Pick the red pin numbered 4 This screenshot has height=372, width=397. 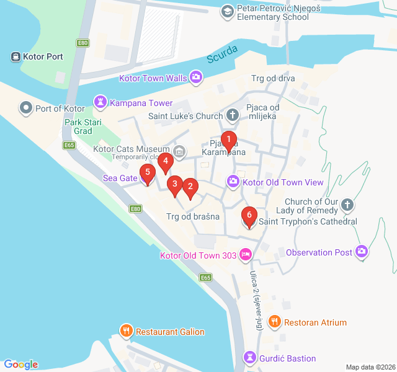click(165, 162)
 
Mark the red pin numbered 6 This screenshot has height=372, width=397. click(249, 216)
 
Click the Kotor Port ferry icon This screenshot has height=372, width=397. click(15, 57)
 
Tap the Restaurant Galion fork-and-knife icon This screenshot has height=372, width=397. click(127, 332)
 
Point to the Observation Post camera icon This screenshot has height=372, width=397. click(362, 252)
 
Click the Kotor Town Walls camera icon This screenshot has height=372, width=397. click(196, 78)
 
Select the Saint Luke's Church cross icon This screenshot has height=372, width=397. click(233, 115)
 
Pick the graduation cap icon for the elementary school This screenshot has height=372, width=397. click(228, 11)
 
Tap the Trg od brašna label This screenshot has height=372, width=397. click(193, 217)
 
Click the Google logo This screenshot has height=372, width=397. click(21, 364)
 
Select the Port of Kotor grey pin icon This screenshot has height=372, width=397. click(26, 108)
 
